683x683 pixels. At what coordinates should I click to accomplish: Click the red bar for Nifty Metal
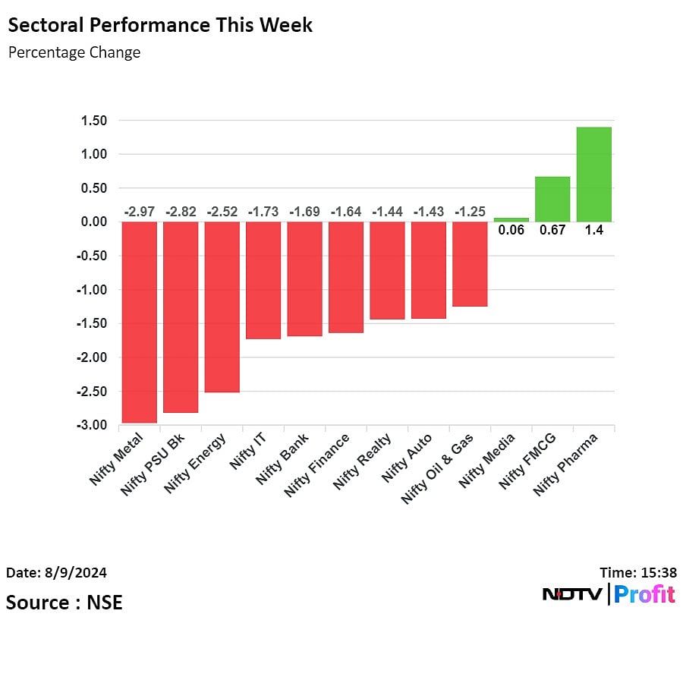point(140,322)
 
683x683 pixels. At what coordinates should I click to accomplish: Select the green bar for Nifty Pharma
point(593,175)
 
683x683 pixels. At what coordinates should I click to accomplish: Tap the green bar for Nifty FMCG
point(552,199)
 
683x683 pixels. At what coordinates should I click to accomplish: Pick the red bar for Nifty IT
point(263,280)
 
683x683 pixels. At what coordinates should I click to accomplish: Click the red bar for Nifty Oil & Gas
point(470,264)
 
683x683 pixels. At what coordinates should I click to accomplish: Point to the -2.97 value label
point(140,212)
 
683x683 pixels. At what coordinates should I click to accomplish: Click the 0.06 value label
point(511,231)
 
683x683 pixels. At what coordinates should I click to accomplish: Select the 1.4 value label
point(593,231)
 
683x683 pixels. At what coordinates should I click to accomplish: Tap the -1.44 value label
point(387,212)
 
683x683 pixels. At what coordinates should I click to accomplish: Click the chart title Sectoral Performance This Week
point(159,24)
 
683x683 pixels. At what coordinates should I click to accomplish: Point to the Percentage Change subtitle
point(74,52)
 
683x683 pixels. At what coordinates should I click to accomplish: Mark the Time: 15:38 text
point(637,572)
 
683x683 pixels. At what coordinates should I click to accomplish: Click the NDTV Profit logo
point(609,594)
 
